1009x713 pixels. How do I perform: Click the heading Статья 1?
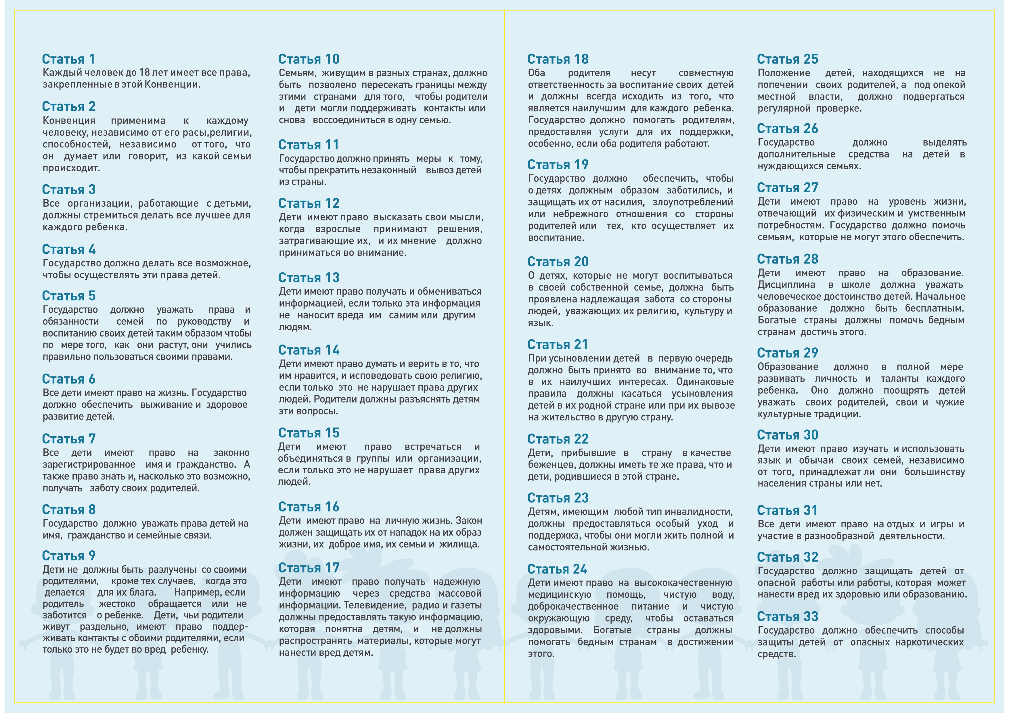coord(68,59)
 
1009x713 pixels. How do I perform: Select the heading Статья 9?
coord(68,556)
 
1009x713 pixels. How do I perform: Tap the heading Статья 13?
coord(309,278)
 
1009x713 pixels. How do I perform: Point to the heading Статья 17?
coord(309,568)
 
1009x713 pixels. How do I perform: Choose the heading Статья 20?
coord(558,262)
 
